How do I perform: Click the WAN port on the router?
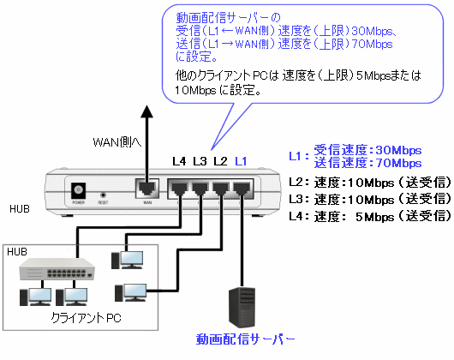click(147, 189)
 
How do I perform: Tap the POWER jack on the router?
click(78, 190)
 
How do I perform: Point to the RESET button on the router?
click(103, 195)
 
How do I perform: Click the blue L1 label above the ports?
click(241, 161)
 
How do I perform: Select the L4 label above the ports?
click(179, 161)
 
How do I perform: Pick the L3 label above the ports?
click(200, 161)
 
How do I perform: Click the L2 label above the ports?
click(220, 161)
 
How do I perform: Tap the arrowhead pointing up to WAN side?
click(146, 111)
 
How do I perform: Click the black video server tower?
click(242, 308)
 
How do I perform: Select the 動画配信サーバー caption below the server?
click(246, 339)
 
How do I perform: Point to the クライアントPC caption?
click(86, 318)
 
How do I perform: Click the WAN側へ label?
click(117, 142)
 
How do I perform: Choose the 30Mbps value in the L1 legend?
click(398, 150)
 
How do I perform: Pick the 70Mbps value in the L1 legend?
click(398, 163)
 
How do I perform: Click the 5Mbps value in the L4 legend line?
click(375, 217)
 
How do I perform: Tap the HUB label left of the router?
click(20, 209)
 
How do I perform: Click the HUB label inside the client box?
click(17, 252)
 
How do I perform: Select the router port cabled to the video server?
click(242, 189)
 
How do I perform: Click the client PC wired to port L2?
click(130, 293)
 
